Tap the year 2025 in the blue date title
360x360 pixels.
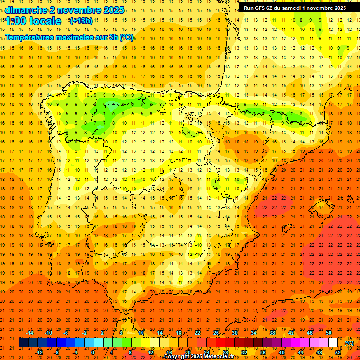point(113,10)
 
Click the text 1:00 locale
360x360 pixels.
point(34,21)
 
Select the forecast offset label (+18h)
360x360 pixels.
point(81,21)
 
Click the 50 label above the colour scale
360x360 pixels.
point(329,333)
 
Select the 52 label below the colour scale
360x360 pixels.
point(337,352)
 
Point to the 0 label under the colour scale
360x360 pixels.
point(93,352)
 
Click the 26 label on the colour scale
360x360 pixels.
point(216,333)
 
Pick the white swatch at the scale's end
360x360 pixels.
point(333,343)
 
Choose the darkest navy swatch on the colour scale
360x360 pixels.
point(23,343)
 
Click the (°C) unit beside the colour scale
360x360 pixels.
point(349,343)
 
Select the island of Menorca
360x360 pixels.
point(347,197)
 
